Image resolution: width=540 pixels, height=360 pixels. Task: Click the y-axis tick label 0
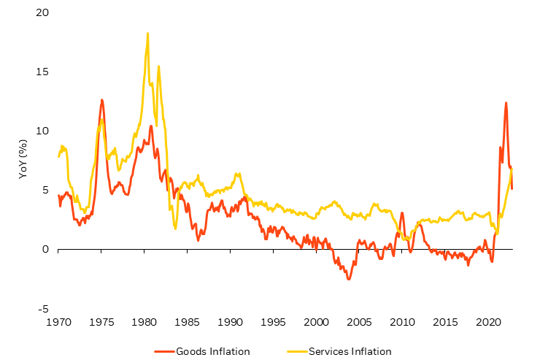pos(45,250)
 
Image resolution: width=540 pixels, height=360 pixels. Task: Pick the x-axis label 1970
pos(58,322)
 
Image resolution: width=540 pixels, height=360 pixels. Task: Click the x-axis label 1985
pos(188,322)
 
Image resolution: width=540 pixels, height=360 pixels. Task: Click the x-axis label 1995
pos(274,322)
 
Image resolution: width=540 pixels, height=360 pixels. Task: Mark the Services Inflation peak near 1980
pos(147,33)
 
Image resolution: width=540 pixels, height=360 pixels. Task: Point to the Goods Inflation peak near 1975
pos(101,99)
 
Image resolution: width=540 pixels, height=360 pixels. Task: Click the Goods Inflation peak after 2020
pos(506,103)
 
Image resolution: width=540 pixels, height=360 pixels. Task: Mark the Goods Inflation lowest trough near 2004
pos(349,279)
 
